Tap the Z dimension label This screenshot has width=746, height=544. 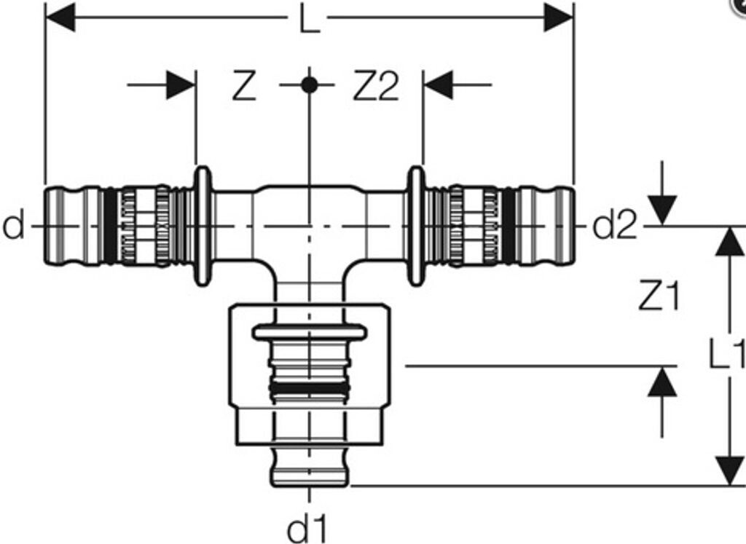pos(244,86)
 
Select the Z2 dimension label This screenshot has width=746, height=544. pos(375,86)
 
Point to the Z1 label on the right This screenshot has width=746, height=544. pos(659,296)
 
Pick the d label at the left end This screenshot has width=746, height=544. pos(13,226)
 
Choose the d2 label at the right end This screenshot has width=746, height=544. pos(614,226)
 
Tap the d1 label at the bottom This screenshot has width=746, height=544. pos(308,529)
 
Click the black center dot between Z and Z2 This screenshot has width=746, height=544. pos(309,86)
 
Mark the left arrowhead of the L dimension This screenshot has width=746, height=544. pos(60,17)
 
